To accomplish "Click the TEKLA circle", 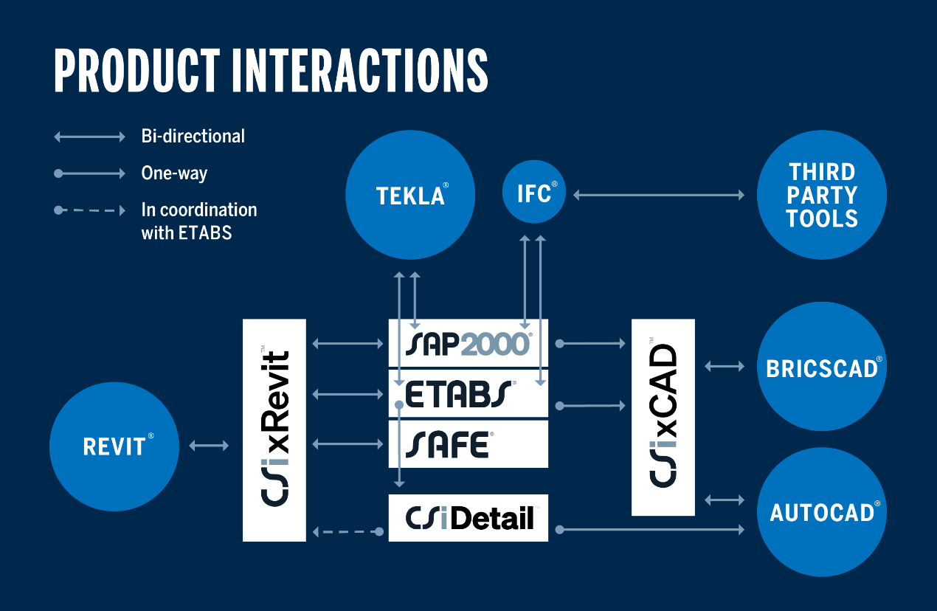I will (x=410, y=195).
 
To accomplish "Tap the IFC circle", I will (x=534, y=194).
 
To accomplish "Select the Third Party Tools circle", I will (x=821, y=195).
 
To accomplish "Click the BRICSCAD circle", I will (x=821, y=367).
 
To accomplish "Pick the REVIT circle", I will (x=114, y=446).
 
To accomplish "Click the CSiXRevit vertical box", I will (x=274, y=430).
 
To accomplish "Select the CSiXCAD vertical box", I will (x=663, y=417).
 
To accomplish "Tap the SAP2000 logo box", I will (x=468, y=343).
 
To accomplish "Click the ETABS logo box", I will (x=468, y=394).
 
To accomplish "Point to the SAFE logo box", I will (x=468, y=444).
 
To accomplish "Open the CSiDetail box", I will (x=468, y=518).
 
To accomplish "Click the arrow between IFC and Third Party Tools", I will (x=659, y=195).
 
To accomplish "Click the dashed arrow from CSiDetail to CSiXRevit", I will (x=347, y=531).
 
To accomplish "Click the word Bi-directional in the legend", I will (x=193, y=137).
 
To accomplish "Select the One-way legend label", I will (x=174, y=173).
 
